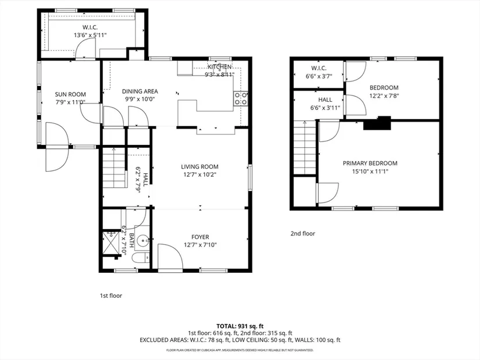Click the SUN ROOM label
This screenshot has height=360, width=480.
click(x=70, y=95)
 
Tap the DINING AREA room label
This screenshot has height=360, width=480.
click(x=140, y=91)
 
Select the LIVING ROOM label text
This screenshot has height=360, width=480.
click(x=200, y=167)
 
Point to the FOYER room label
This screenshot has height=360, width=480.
click(x=200, y=237)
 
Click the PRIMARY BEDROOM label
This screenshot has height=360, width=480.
click(x=370, y=163)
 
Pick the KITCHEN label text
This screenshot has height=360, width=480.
click(x=219, y=67)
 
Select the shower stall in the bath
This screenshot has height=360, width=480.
click(x=111, y=243)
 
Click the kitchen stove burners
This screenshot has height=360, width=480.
click(x=241, y=99)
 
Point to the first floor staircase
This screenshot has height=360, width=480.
click(x=114, y=167)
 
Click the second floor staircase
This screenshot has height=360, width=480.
click(x=305, y=148)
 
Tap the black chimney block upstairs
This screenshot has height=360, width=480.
click(x=377, y=123)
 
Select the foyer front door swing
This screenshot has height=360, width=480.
click(x=170, y=256)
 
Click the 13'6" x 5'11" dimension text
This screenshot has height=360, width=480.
click(x=90, y=35)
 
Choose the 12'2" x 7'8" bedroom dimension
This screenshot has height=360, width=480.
click(x=384, y=96)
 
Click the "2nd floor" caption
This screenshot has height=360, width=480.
click(x=303, y=234)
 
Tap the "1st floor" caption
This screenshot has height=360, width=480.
click(x=111, y=295)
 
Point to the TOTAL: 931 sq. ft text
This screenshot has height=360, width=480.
click(x=240, y=326)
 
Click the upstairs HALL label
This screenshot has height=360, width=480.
click(x=325, y=100)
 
